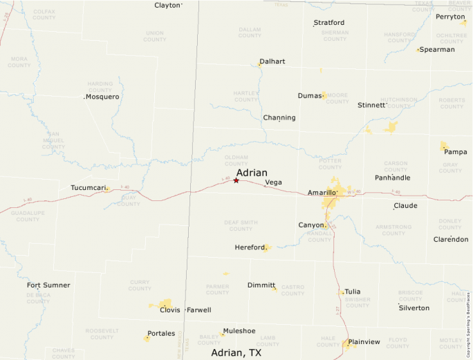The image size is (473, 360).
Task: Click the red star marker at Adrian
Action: pyautogui.click(x=236, y=180)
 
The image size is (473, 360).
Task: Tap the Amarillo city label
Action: pyautogui.click(x=322, y=192)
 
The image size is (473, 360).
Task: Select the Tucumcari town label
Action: pyautogui.click(x=88, y=187)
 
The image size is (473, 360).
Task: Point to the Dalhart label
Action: pyautogui.click(x=272, y=61)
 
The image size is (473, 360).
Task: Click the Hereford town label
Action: pyautogui.click(x=249, y=247)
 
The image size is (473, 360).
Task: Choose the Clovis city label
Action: pyautogui.click(x=169, y=310)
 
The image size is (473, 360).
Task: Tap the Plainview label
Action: pyautogui.click(x=364, y=341)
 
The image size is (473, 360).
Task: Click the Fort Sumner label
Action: pyautogui.click(x=48, y=285)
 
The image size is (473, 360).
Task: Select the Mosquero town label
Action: pyautogui.click(x=102, y=97)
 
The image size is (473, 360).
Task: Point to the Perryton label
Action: pyautogui.click(x=450, y=17)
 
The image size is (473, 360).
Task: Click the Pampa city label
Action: pyautogui.click(x=455, y=151)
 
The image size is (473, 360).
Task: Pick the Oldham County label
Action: pyautogui.click(x=236, y=161)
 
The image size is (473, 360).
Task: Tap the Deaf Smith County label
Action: pyautogui.click(x=241, y=225)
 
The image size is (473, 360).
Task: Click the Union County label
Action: pyautogui.click(x=154, y=36)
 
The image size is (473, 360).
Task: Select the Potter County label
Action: pyautogui.click(x=330, y=164)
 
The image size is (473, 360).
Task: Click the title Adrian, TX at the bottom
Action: pyautogui.click(x=236, y=352)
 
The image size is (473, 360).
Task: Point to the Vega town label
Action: pyautogui.click(x=273, y=182)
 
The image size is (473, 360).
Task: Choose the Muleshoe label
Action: pyautogui.click(x=239, y=331)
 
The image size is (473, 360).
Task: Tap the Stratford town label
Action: pyautogui.click(x=329, y=23)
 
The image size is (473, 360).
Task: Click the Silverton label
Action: pyautogui.click(x=414, y=307)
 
